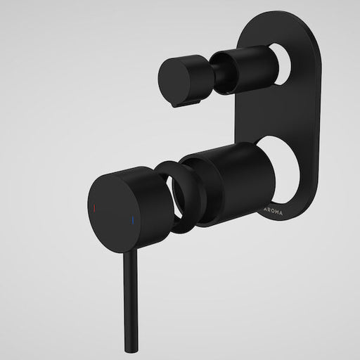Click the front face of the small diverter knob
(x=174, y=75)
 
